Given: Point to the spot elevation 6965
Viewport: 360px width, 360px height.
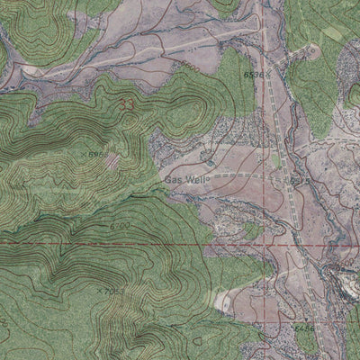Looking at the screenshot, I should pos(98,155).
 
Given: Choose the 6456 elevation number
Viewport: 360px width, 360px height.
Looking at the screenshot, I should pos(304,329).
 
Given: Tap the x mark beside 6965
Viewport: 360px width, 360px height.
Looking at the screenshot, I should pos(87,156).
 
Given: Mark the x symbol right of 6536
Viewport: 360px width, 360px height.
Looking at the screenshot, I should pos(267,76).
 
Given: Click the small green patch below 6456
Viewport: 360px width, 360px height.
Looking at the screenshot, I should pos(306,343).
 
